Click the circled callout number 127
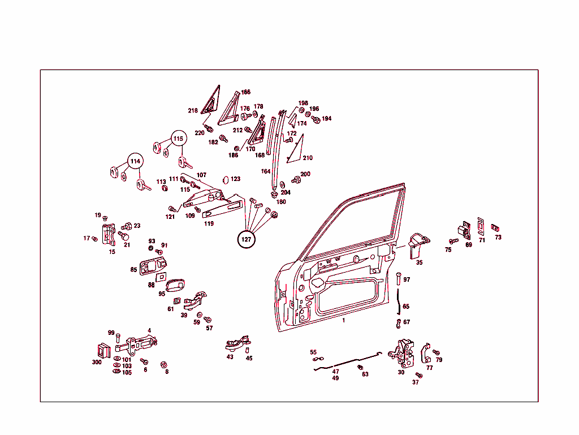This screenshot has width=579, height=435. (x=247, y=239)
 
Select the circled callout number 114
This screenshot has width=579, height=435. (x=136, y=161)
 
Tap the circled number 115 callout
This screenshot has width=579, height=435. (x=178, y=139)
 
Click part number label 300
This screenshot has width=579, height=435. (x=97, y=362)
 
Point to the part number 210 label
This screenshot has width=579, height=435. (x=308, y=158)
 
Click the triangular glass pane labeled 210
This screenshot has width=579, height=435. (x=296, y=150)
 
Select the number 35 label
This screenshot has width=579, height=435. (x=419, y=262)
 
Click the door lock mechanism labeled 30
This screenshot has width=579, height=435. (x=401, y=354)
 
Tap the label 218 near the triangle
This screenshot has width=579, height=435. (x=193, y=111)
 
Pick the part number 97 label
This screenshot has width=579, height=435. (x=407, y=280)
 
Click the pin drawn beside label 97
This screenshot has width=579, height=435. (x=399, y=278)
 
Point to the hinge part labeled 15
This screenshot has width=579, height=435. (x=109, y=234)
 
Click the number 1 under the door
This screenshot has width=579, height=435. (x=343, y=321)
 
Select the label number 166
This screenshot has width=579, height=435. (x=245, y=92)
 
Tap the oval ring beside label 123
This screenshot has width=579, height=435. (x=226, y=180)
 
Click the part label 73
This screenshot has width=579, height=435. (x=498, y=238)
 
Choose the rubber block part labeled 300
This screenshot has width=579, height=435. (x=104, y=351)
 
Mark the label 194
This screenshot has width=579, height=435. (x=326, y=119)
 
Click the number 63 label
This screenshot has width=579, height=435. (x=365, y=374)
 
